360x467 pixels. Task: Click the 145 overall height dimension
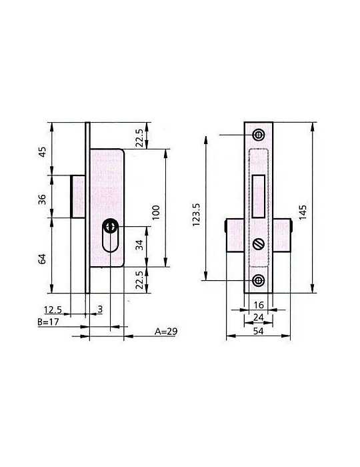(303, 212)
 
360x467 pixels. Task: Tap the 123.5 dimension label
(196, 214)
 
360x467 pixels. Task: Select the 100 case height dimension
(155, 212)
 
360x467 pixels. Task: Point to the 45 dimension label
(43, 152)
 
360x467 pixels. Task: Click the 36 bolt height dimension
(43, 199)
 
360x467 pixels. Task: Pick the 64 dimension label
(43, 259)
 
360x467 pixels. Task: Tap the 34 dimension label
(139, 245)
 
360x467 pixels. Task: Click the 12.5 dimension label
(53, 310)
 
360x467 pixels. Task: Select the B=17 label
(48, 322)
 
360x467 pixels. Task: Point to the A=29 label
(166, 331)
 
